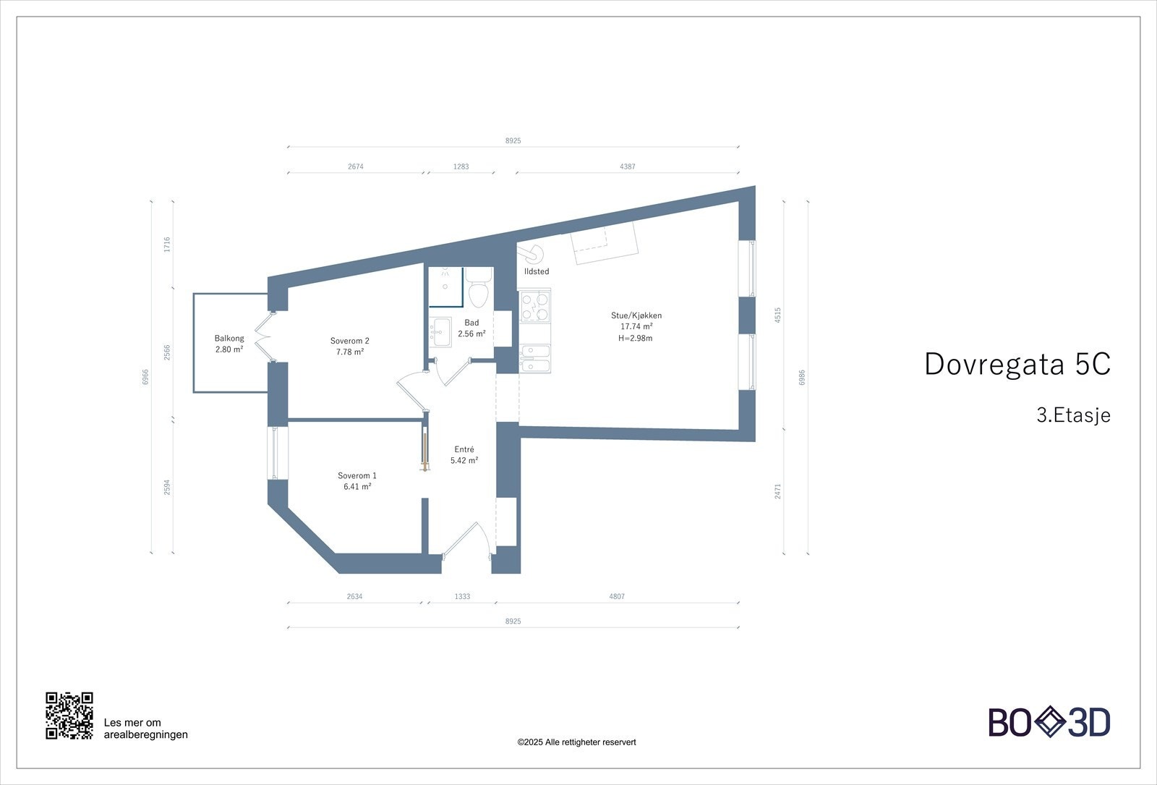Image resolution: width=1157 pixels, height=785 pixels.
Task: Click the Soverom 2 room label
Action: [350, 341]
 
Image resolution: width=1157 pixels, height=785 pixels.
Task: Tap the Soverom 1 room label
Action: [357, 475]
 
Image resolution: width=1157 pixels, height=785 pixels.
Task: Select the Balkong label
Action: [229, 338]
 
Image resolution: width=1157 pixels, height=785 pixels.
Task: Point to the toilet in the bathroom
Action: [478, 289]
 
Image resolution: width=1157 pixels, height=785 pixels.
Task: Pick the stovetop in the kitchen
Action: [535, 305]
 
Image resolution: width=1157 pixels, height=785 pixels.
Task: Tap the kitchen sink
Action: [535, 357]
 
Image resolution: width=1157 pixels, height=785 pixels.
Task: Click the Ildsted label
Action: [537, 271]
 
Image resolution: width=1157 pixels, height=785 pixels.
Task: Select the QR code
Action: [69, 716]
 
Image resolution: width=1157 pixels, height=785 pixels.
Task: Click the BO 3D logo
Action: [1049, 723]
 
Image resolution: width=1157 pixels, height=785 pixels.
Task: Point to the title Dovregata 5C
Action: [1017, 364]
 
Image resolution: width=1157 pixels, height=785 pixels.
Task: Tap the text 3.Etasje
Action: [1072, 416]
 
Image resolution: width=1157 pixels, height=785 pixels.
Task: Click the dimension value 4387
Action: [627, 166]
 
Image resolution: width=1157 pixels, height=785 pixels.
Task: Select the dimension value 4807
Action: [617, 597]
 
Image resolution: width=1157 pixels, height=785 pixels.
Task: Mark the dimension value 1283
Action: [461, 166]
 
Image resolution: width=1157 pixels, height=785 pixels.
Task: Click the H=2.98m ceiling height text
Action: [636, 338]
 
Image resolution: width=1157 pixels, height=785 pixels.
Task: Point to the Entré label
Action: [464, 449]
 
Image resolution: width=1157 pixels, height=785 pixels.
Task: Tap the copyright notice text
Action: [576, 742]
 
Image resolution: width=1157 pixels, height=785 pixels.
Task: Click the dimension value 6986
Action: [802, 378]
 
